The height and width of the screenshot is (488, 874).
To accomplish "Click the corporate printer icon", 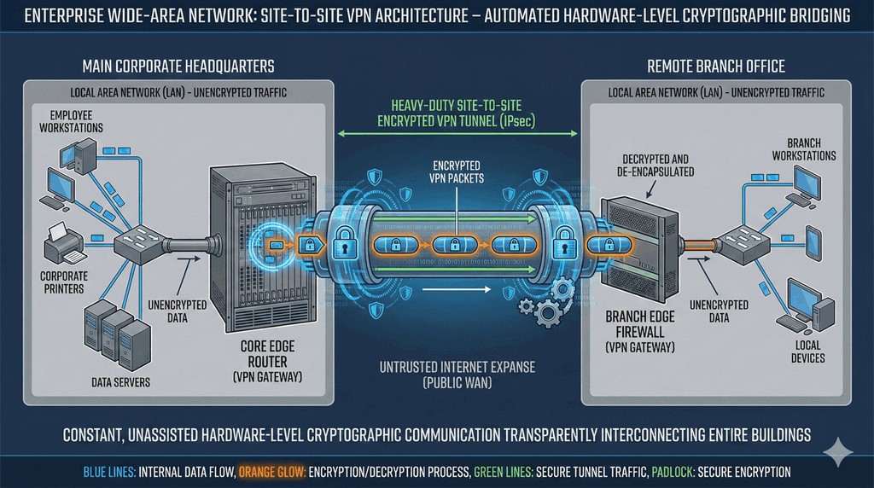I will (63, 244).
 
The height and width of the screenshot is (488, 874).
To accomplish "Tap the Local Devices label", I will (807, 351).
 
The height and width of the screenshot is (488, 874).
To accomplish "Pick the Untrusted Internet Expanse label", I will (457, 375).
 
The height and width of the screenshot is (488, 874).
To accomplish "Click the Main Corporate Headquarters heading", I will (178, 67).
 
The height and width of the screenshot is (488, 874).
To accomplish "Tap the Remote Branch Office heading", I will (715, 67).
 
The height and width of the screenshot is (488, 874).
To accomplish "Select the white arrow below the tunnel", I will (457, 289).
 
